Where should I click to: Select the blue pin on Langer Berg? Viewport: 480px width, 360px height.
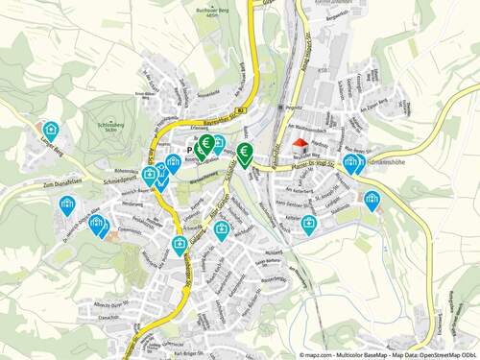point(51,132)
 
